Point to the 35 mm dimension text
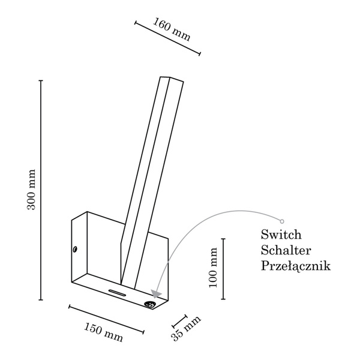[x=186, y=329]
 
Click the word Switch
[x=281, y=234]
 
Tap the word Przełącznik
[x=296, y=265]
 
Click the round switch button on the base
[x=149, y=304]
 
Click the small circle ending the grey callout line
[x=282, y=221]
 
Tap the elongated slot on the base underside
[x=117, y=293]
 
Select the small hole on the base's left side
[x=75, y=248]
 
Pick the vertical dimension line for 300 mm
[x=41, y=189]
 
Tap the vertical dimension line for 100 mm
[x=223, y=269]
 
